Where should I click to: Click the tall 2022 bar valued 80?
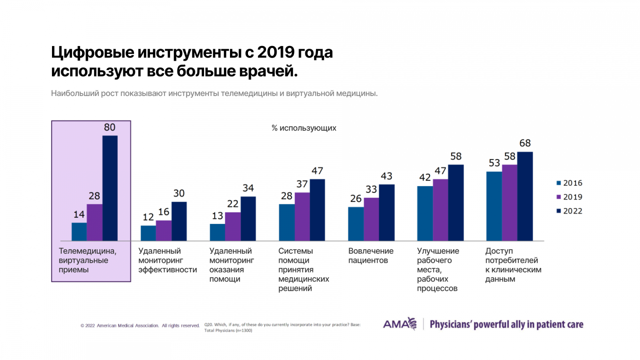pyautogui.click(x=110, y=188)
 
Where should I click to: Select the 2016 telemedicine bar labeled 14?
pyautogui.click(x=79, y=232)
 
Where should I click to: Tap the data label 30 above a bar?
pyautogui.click(x=179, y=194)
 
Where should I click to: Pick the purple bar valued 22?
pyautogui.click(x=233, y=226)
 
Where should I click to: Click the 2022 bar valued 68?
pyautogui.click(x=525, y=196)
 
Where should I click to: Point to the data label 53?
pyautogui.click(x=494, y=163)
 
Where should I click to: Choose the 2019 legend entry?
pyautogui.click(x=569, y=197)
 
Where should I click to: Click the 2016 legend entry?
pyautogui.click(x=569, y=183)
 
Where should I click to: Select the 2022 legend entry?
pyautogui.click(x=569, y=211)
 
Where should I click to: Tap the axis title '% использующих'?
pyautogui.click(x=304, y=128)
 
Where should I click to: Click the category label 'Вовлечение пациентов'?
pyautogui.click(x=371, y=256)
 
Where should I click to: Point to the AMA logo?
pyautogui.click(x=400, y=324)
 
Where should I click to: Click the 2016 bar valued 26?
pyautogui.click(x=356, y=224)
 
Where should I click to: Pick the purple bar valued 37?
pyautogui.click(x=302, y=216)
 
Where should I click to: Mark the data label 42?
pyautogui.click(x=425, y=177)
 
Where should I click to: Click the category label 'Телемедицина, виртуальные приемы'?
pyautogui.click(x=88, y=260)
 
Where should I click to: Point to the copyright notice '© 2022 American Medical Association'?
pyautogui.click(x=120, y=326)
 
